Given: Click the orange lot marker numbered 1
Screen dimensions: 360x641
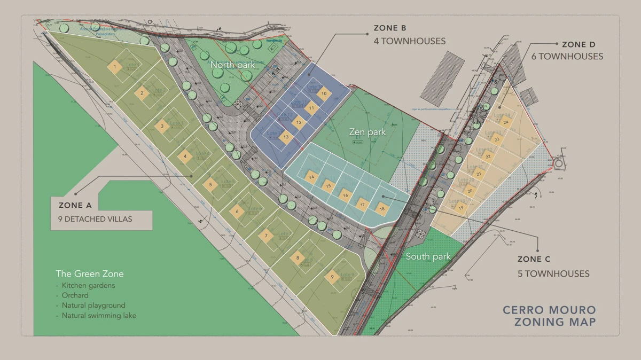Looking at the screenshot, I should tap(114, 67).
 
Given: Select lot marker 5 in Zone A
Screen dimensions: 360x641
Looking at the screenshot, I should tap(210, 185).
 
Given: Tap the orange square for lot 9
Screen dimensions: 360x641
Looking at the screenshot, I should tap(332, 277).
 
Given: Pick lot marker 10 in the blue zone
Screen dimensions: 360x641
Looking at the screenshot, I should tap(323, 93).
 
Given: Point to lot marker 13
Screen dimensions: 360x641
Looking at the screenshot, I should tap(286, 137).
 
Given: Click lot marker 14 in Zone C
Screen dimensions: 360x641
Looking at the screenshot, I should tap(311, 176).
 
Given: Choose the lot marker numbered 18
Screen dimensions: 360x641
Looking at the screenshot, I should tap(381, 209).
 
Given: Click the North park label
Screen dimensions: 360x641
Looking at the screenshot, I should tap(232, 65).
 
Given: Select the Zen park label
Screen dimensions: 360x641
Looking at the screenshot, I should tap(368, 131).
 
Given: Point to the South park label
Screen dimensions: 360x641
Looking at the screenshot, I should tap(428, 257).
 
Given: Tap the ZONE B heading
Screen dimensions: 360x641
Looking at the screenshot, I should tap(389, 28).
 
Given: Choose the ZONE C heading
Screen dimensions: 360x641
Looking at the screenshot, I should tap(534, 259).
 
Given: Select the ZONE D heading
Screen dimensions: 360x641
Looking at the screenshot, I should tap(579, 44).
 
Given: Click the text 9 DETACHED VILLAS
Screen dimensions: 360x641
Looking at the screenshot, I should tap(95, 219).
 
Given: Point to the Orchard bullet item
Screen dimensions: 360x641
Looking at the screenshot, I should tap(75, 295).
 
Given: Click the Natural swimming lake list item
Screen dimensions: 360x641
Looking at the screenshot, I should tap(99, 316).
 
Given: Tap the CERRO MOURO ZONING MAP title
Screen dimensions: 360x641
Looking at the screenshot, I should tap(550, 316).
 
